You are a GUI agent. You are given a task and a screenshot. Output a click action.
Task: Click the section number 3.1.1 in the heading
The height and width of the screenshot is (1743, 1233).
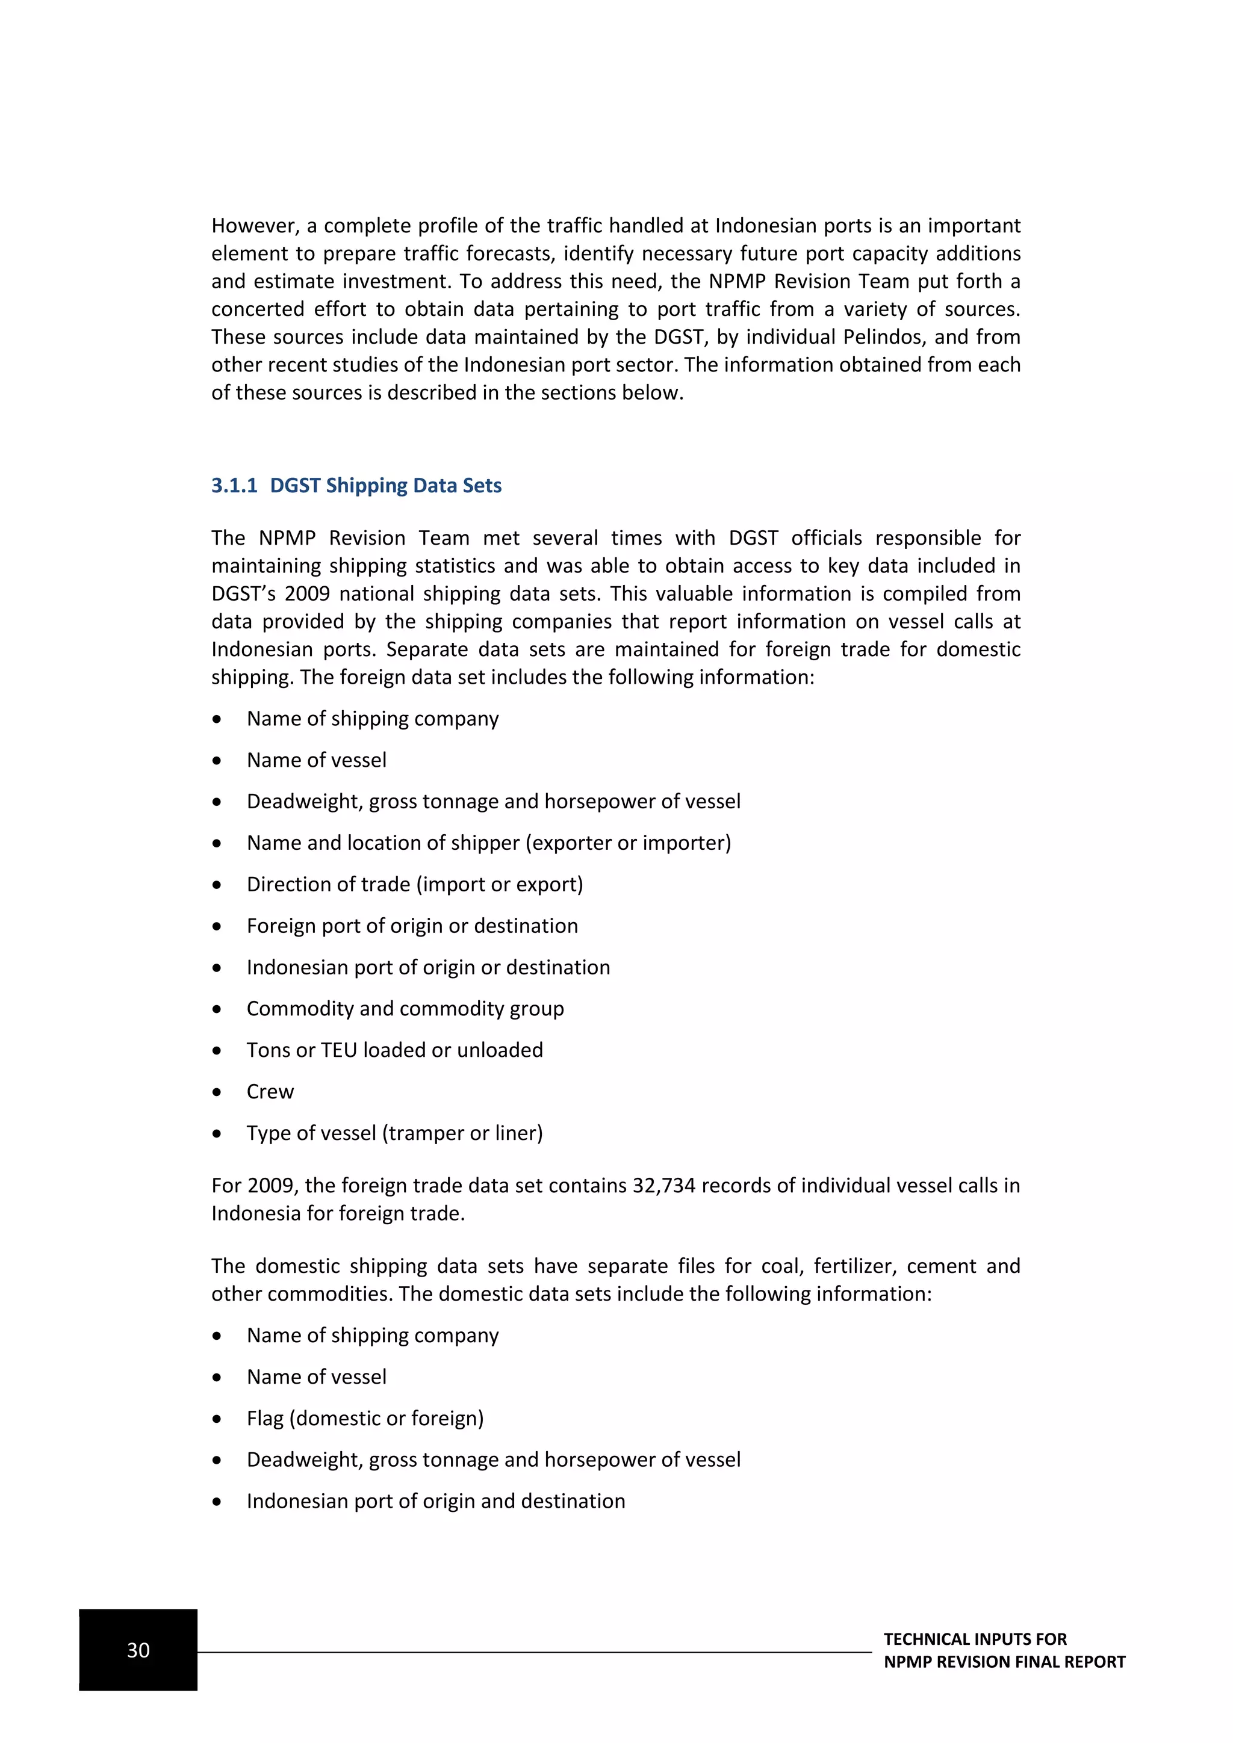tap(234, 486)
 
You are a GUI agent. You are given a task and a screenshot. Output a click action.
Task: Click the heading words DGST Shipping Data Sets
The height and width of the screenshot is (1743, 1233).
tap(386, 486)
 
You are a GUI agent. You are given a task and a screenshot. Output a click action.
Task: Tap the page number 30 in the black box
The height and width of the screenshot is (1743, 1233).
tap(138, 1650)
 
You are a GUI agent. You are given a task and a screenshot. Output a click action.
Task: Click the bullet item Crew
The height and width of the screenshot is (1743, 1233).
tap(270, 1092)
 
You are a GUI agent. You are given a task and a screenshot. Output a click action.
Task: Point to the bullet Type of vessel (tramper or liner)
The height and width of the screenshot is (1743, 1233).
tap(395, 1133)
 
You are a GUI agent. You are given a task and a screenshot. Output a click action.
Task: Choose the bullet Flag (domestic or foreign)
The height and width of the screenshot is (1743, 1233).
tap(365, 1418)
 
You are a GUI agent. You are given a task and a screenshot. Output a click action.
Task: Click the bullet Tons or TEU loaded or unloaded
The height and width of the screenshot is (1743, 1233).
tap(395, 1051)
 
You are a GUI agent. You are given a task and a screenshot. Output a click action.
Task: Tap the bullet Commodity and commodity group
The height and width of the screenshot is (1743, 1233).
tap(405, 1009)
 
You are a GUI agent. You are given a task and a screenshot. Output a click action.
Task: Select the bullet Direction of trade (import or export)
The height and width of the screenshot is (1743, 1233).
tap(415, 884)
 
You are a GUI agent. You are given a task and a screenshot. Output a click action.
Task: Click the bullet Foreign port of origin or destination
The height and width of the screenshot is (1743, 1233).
tap(412, 926)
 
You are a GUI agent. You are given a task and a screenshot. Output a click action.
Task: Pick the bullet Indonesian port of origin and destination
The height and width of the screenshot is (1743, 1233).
tap(436, 1501)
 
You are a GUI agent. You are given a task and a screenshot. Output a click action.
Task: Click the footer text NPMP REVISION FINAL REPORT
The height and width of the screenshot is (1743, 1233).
tap(1004, 1662)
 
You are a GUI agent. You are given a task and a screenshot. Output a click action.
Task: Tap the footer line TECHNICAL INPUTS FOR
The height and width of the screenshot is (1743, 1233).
tap(975, 1639)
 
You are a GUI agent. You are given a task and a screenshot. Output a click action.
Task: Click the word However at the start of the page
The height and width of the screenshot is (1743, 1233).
tap(254, 226)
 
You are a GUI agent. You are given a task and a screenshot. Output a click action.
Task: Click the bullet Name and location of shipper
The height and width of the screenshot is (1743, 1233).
tap(489, 843)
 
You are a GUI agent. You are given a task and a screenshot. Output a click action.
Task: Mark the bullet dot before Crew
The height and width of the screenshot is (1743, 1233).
tap(217, 1092)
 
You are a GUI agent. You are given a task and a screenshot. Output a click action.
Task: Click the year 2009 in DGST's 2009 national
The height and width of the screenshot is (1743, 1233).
tap(305, 593)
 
